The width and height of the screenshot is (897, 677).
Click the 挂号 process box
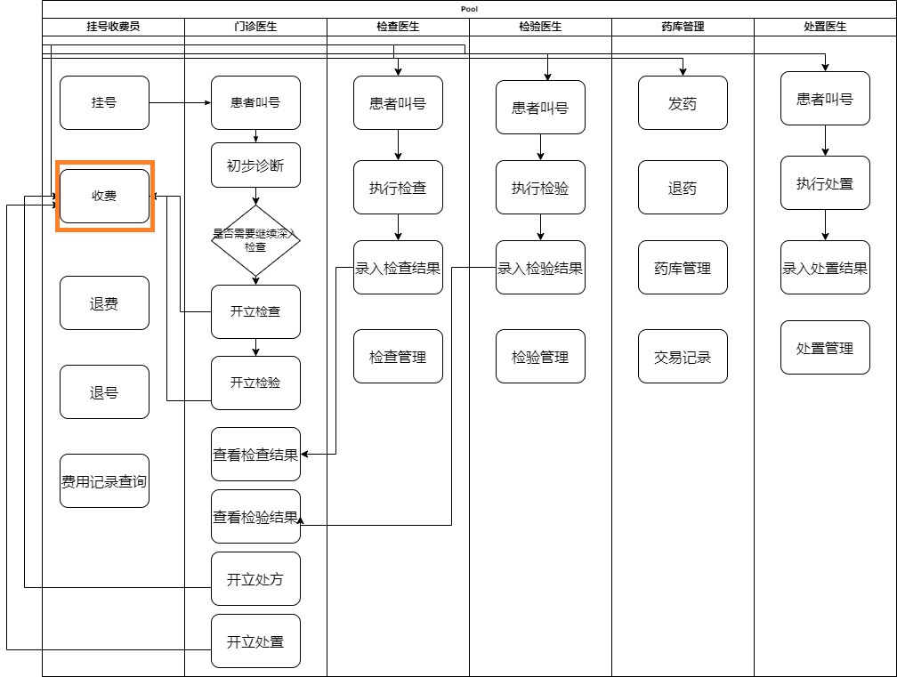pos(104,102)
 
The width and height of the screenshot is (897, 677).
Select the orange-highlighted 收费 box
pos(104,196)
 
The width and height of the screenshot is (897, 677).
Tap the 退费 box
pos(104,303)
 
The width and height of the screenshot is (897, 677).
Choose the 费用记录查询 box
pos(104,481)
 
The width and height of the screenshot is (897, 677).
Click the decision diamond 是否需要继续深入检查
pos(255,240)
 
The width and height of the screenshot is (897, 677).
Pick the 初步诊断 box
pos(255,165)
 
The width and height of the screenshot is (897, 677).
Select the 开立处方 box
pos(255,579)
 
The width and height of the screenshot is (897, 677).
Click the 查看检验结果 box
pos(255,517)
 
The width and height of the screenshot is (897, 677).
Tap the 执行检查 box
pos(398,188)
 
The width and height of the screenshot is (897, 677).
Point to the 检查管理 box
pos(398,357)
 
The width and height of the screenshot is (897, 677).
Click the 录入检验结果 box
pos(540,268)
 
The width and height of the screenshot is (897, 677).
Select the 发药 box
pos(683,103)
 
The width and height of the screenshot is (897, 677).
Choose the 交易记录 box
pos(683,357)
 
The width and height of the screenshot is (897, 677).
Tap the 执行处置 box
pos(825,183)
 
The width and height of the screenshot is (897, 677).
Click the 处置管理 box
pos(825,348)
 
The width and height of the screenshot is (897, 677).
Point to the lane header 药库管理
pos(683,27)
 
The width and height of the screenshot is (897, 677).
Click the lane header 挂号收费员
pos(113,27)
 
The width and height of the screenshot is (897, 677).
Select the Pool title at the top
pos(469,9)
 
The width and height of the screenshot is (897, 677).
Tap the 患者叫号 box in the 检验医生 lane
pos(540,108)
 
